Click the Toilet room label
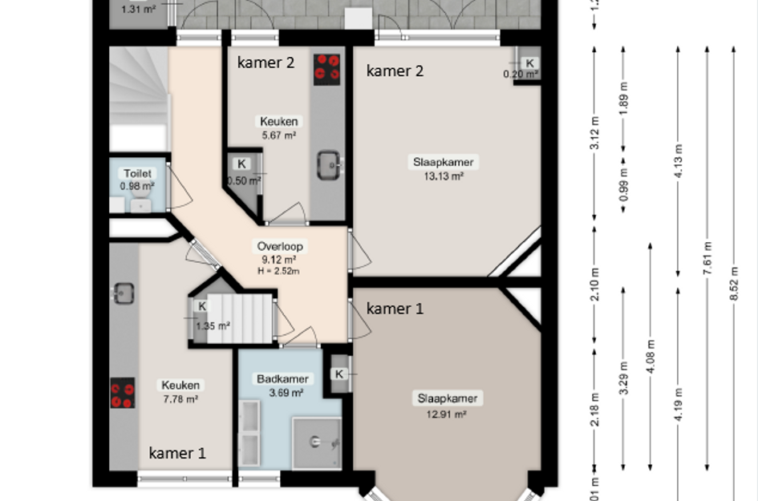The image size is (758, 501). [x=137, y=173]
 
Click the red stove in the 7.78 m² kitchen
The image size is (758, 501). [x=123, y=394]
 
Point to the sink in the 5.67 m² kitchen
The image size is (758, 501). [x=329, y=164]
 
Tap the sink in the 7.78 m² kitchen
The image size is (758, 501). [x=123, y=293]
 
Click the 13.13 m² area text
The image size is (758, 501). [x=443, y=176]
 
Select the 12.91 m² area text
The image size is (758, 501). [x=447, y=414]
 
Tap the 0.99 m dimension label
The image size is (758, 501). [x=623, y=186]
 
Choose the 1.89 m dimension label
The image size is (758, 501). [x=623, y=94]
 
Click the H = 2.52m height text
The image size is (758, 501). [x=278, y=271]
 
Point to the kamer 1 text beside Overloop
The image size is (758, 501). [x=395, y=309]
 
